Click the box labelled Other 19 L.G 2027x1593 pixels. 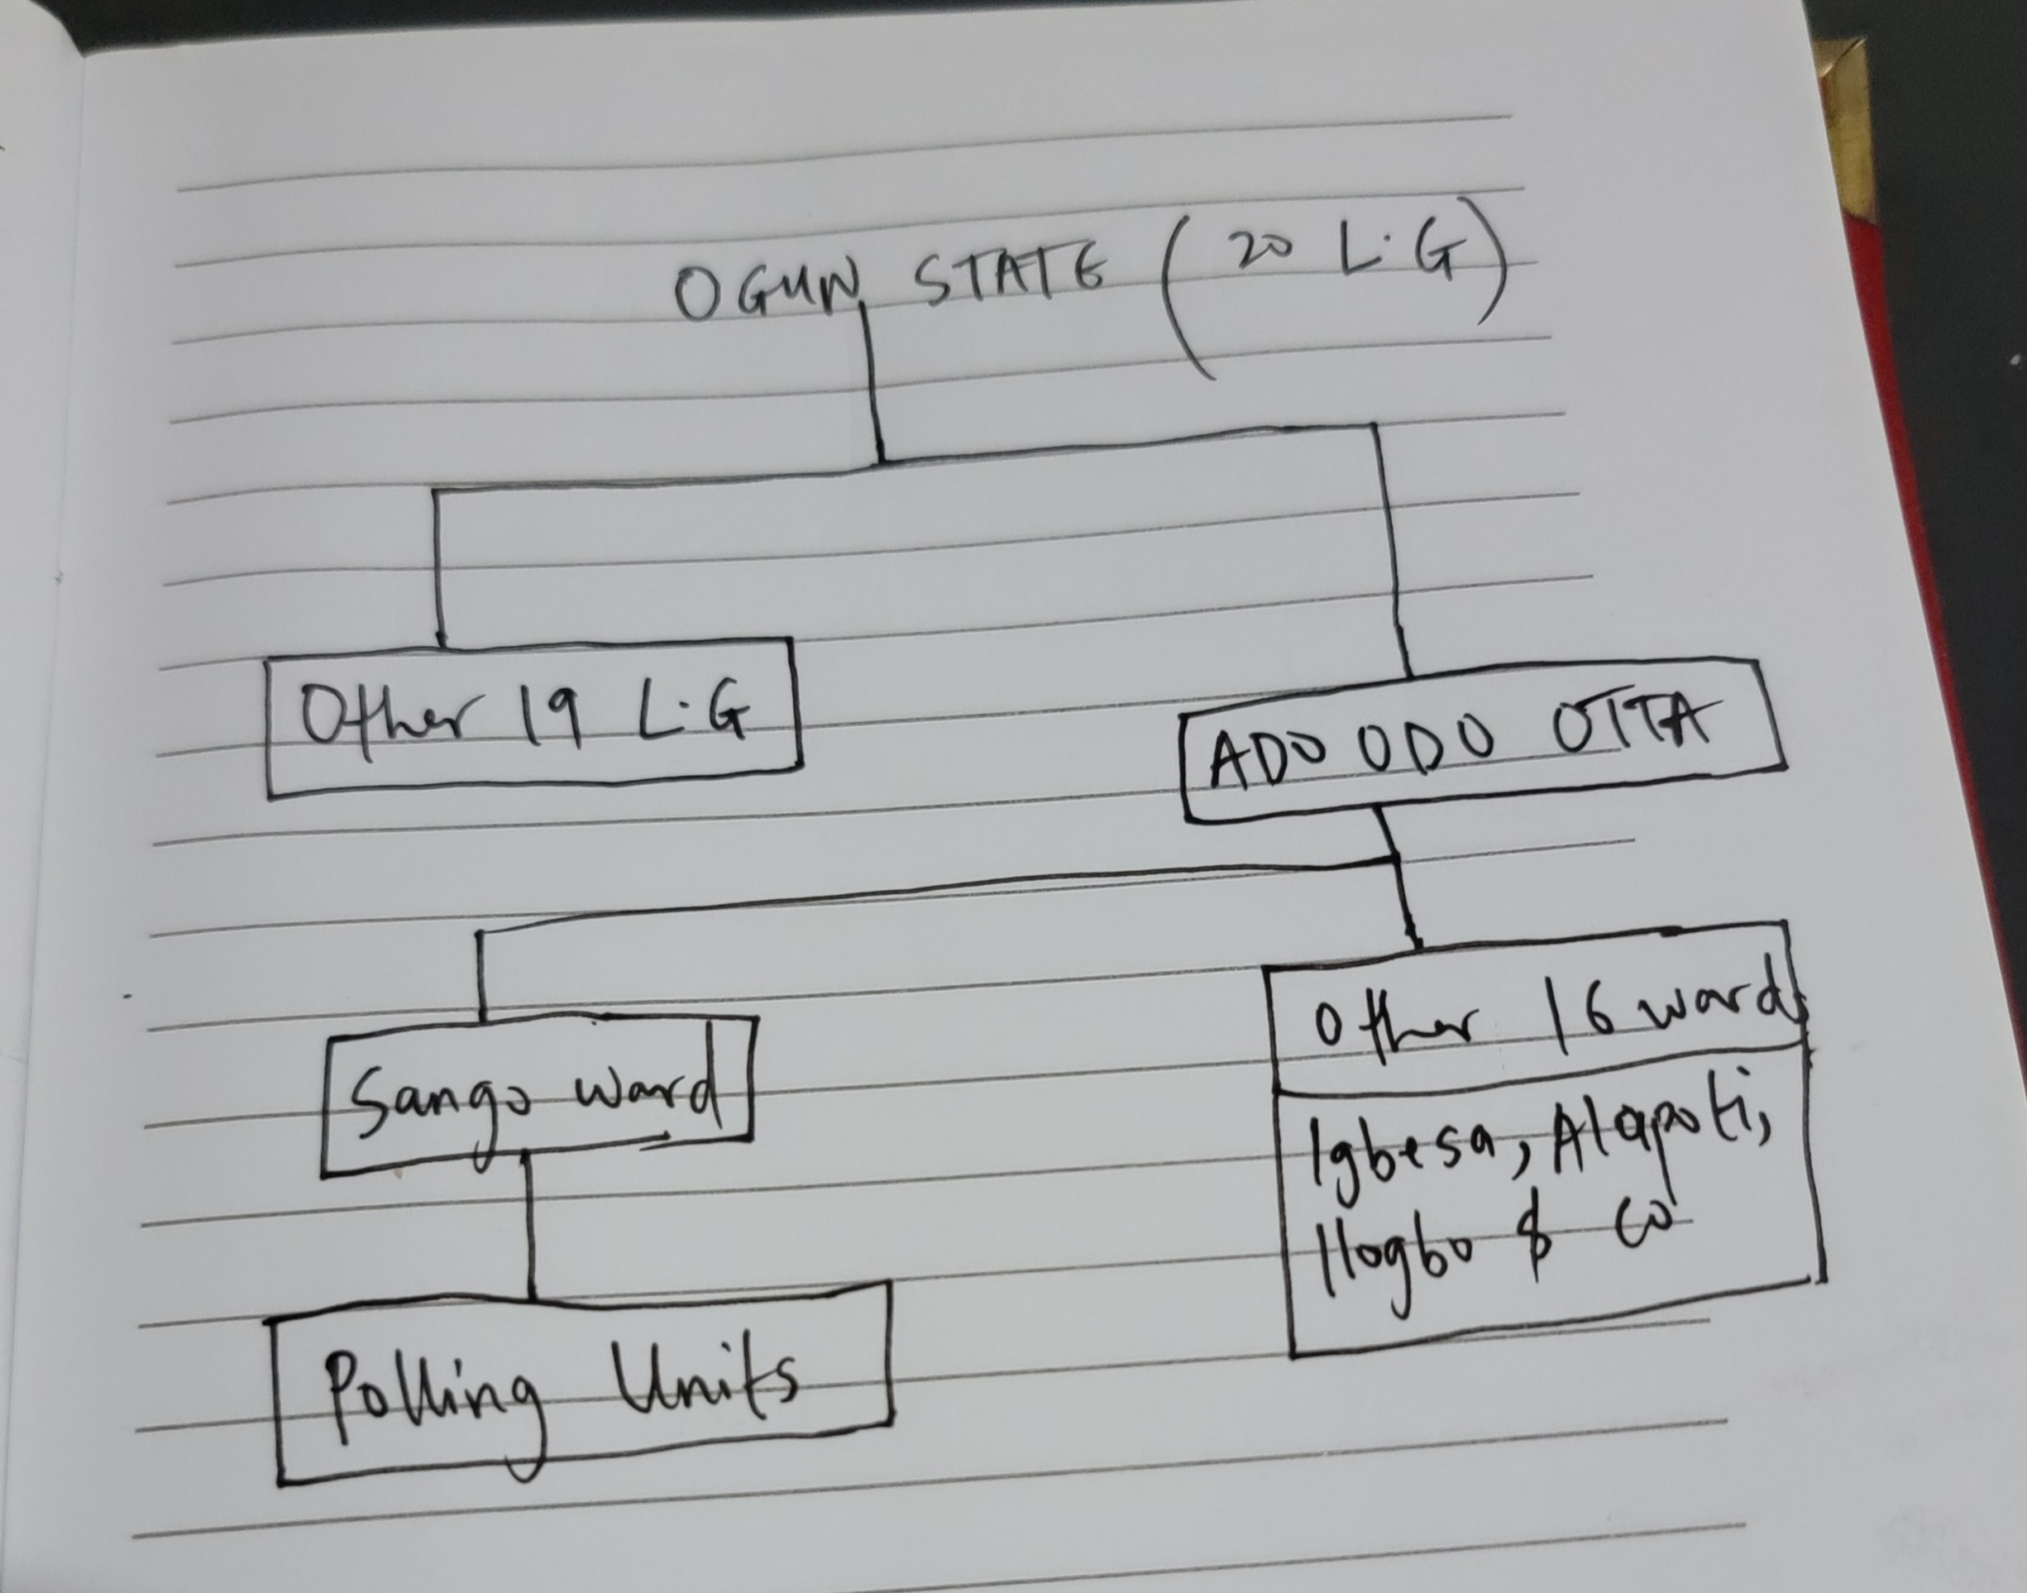pos(533,718)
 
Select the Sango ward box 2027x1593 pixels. pos(537,1097)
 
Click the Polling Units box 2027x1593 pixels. pos(583,1380)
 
